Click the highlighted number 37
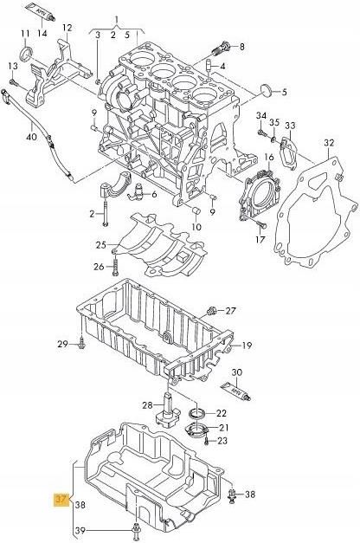tap(61, 500)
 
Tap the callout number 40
tap(32, 136)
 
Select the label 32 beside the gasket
tap(328, 142)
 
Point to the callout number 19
tap(247, 346)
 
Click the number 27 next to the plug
tap(230, 311)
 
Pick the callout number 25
tap(100, 245)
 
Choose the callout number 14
tap(42, 34)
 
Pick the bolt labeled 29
tap(80, 346)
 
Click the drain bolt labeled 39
tap(135, 529)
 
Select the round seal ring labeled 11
tap(25, 59)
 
